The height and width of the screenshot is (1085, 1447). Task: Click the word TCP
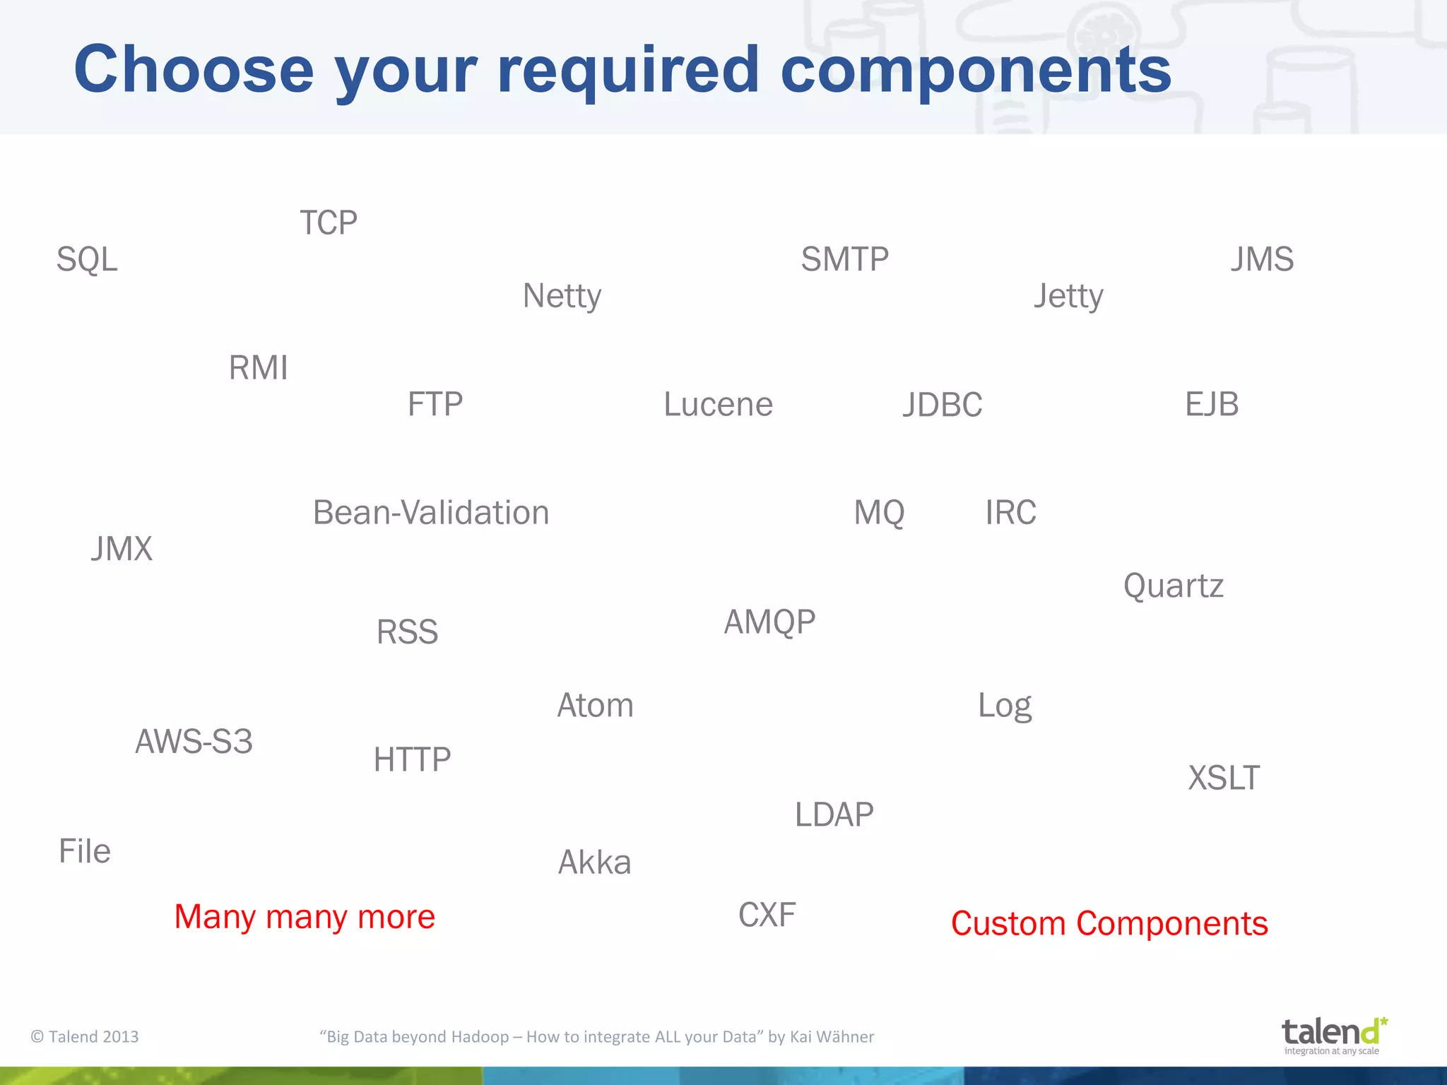coord(329,223)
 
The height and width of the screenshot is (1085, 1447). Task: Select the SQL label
coord(87,259)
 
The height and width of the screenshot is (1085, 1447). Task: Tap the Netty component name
coord(562,296)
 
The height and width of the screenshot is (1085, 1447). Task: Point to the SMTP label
coord(844,259)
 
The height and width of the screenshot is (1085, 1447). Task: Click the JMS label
coord(1262,259)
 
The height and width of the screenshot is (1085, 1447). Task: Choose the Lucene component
coord(718,405)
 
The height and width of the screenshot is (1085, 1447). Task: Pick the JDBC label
coord(943,405)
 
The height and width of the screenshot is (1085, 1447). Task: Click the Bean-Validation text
coord(431,513)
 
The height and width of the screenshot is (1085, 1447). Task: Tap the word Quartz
coord(1173,586)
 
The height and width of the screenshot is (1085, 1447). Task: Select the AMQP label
coord(769,622)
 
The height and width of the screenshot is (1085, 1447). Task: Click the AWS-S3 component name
coord(194,742)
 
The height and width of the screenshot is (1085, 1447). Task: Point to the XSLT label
coord(1224,778)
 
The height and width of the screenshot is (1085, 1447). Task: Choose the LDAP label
coord(834,815)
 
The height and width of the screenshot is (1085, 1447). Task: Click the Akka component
coord(594,862)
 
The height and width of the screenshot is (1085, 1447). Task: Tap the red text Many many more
coord(305,917)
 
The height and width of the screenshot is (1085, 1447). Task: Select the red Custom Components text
coord(1109,924)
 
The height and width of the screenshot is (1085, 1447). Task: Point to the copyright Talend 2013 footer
coord(85,1037)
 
